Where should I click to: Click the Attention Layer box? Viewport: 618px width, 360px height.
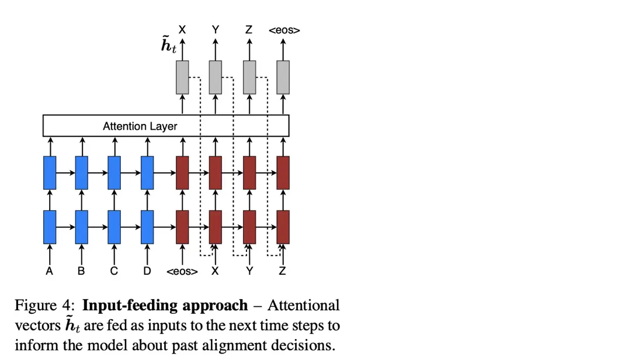click(x=166, y=126)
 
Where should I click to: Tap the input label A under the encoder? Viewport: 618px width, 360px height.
click(x=50, y=271)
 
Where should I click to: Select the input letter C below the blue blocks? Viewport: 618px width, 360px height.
click(x=114, y=271)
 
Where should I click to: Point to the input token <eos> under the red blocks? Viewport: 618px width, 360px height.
click(x=182, y=272)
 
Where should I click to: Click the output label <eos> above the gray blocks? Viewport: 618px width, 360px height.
click(x=284, y=30)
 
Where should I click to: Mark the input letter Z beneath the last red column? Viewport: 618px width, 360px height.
click(x=283, y=271)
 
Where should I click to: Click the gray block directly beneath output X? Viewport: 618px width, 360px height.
click(x=183, y=77)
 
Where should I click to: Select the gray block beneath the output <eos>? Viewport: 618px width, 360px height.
click(x=283, y=77)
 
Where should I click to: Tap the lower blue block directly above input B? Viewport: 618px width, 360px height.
click(x=82, y=227)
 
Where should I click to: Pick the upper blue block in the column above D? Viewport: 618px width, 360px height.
click(x=147, y=172)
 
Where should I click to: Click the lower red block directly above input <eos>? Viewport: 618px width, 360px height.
click(x=183, y=227)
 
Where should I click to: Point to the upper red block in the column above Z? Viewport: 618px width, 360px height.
click(x=283, y=172)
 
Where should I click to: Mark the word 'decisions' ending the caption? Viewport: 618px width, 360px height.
click(x=308, y=345)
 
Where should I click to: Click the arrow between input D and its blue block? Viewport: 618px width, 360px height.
click(x=147, y=254)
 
